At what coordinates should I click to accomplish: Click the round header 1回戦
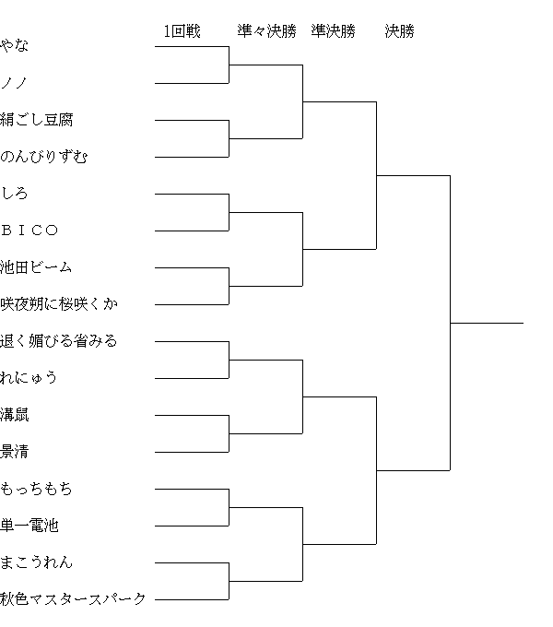(x=182, y=31)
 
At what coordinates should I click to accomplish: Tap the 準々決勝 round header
(x=267, y=31)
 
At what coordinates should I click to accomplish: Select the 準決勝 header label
(x=334, y=31)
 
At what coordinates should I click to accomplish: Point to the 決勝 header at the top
(x=400, y=31)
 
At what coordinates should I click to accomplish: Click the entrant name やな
(x=15, y=45)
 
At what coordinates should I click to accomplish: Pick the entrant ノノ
(x=15, y=83)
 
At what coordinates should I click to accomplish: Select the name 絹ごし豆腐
(x=36, y=120)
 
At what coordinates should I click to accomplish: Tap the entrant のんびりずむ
(x=43, y=157)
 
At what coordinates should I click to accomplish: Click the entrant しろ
(x=15, y=193)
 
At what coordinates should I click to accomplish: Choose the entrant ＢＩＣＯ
(x=29, y=231)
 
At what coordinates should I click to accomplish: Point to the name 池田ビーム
(x=36, y=267)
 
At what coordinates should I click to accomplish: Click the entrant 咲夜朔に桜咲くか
(x=59, y=304)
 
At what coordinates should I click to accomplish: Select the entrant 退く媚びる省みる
(x=59, y=340)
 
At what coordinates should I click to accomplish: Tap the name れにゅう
(x=29, y=377)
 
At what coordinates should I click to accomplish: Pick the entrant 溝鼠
(x=15, y=415)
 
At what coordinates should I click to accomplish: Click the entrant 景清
(x=15, y=452)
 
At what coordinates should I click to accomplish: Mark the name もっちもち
(x=36, y=489)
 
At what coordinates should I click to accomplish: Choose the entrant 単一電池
(x=29, y=525)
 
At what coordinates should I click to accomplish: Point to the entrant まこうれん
(x=36, y=562)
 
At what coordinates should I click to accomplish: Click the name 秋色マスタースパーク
(x=73, y=599)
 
